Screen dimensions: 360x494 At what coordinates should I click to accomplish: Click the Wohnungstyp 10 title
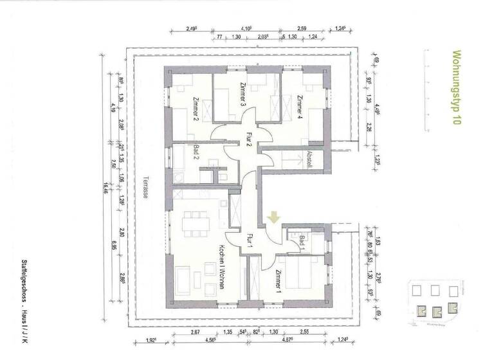457,87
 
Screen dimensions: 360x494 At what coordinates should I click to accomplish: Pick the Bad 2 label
196,154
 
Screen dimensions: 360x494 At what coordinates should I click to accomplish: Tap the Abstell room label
309,157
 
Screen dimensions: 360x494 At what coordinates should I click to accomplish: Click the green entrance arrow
274,217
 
